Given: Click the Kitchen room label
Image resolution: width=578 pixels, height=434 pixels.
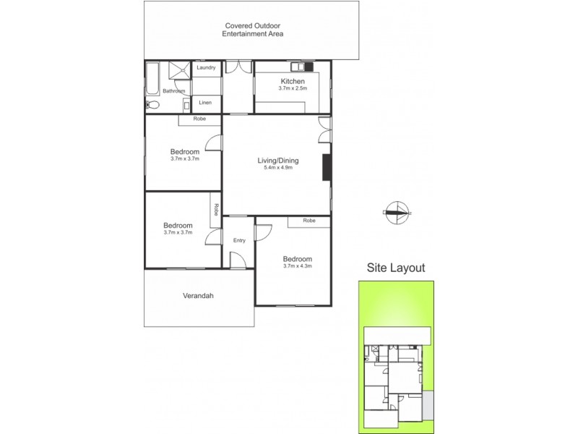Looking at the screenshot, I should click(293, 81).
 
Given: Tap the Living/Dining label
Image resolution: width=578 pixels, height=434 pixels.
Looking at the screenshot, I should click(278, 161).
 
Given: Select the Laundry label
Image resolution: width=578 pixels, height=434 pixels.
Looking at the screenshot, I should click(206, 68).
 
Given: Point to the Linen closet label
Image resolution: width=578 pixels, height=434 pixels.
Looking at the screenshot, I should click(205, 103).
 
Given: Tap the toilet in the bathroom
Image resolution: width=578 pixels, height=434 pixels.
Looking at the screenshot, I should click(152, 105).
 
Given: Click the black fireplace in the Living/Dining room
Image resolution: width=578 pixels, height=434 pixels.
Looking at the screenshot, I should click(326, 166).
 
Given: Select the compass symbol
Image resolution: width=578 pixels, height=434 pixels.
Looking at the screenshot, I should click(396, 212).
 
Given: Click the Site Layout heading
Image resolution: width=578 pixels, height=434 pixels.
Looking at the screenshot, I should click(396, 268).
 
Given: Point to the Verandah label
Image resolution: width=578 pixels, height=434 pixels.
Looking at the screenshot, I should click(197, 295).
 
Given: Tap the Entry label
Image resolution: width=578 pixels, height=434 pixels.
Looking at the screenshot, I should click(239, 240).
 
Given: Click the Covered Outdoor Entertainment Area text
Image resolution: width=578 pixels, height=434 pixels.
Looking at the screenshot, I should click(252, 30).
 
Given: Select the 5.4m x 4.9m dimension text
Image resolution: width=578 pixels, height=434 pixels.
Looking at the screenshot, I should click(278, 169).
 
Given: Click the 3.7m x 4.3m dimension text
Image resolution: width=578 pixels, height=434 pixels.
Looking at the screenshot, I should click(297, 267).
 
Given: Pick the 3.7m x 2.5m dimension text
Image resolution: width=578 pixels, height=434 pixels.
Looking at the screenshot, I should click(293, 89).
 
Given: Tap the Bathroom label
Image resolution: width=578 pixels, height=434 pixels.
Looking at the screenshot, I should click(173, 91).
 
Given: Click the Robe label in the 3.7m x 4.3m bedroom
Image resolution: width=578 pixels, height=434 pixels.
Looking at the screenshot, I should click(309, 221).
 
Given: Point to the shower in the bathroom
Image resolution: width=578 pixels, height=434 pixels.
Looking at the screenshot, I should click(179, 69).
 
